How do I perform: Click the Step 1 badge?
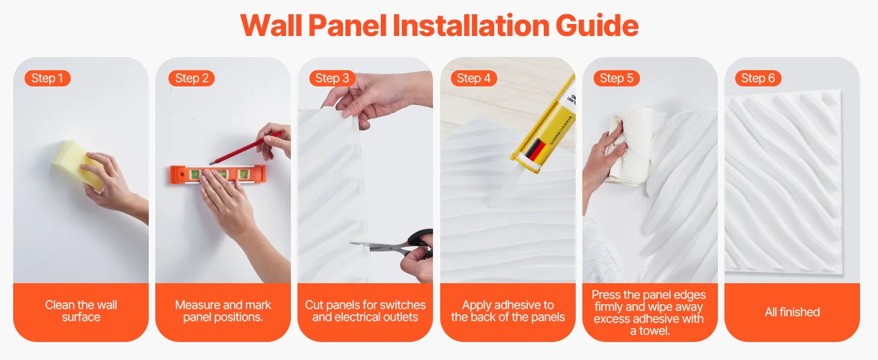(x=47, y=78)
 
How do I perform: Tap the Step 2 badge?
(x=192, y=78)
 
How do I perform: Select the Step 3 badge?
(x=332, y=78)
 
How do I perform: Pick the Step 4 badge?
(x=474, y=78)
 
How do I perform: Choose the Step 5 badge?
(x=617, y=78)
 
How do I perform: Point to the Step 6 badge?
(x=758, y=78)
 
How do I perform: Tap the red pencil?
(x=246, y=148)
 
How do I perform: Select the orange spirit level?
(x=218, y=175)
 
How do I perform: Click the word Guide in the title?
(x=597, y=25)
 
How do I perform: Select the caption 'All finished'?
(x=792, y=312)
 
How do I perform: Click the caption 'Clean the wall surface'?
(x=81, y=311)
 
